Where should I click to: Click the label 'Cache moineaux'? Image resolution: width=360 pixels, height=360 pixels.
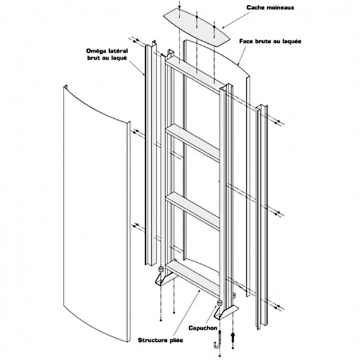pos(270,8)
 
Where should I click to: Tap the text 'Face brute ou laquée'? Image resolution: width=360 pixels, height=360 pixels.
pos(270,42)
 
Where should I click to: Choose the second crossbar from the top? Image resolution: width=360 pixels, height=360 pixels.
pos(193,143)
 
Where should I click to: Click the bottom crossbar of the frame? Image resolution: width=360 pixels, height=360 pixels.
pos(193,277)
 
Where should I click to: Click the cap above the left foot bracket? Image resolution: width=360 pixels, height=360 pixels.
pos(161,269)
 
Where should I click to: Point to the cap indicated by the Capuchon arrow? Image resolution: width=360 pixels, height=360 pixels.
pos(221,302)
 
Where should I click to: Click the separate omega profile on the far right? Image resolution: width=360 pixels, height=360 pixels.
pos(262,216)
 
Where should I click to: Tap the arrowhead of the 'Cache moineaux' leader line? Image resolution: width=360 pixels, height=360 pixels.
pos(223,27)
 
